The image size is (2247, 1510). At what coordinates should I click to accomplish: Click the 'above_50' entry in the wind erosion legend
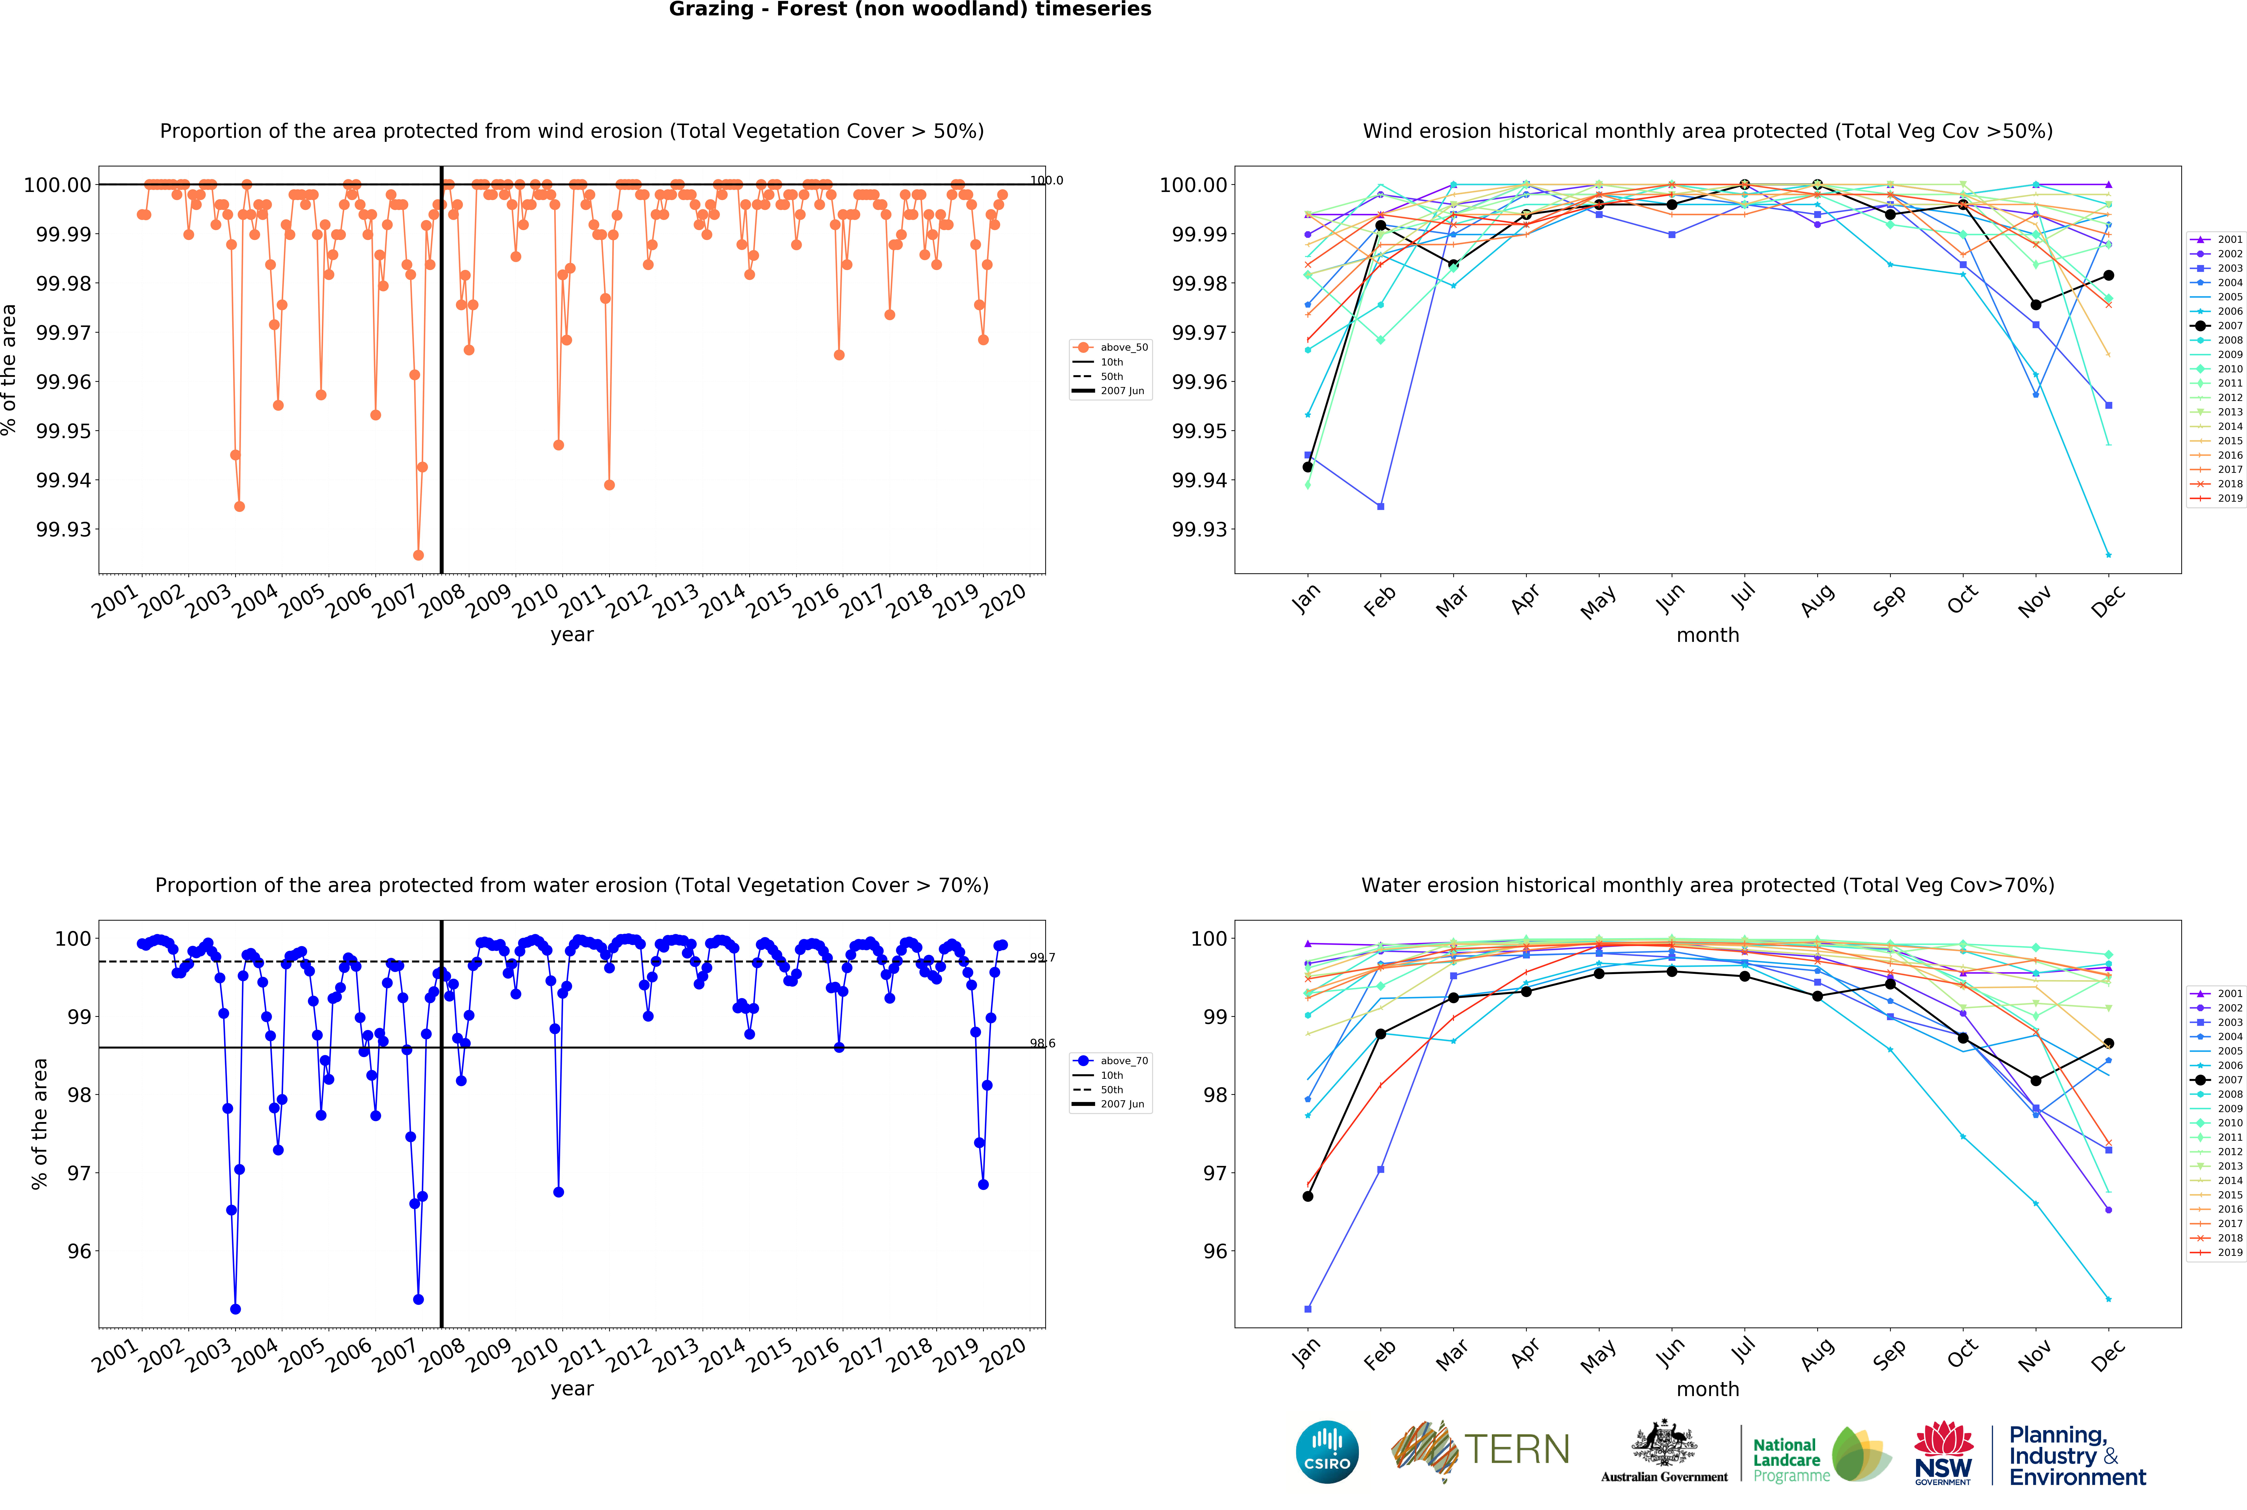(1123, 348)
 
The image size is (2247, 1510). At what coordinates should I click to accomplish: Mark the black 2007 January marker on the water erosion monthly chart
(1307, 1196)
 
